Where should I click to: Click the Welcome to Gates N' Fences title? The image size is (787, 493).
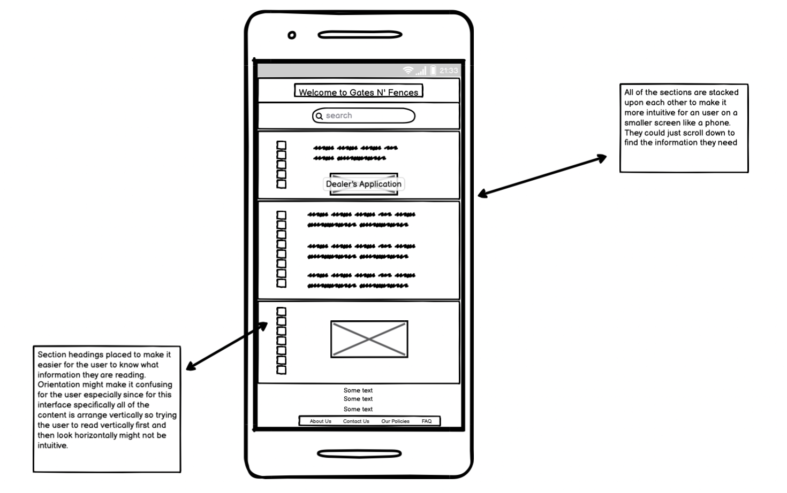(x=358, y=92)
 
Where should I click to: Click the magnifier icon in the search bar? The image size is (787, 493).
(x=320, y=116)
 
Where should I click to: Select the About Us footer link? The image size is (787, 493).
(x=320, y=421)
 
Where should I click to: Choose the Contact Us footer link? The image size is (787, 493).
(x=356, y=421)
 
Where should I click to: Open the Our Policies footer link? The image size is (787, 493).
(x=395, y=421)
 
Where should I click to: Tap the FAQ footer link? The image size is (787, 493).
(x=426, y=421)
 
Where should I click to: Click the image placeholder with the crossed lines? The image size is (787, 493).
(x=369, y=339)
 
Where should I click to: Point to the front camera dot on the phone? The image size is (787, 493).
(x=292, y=35)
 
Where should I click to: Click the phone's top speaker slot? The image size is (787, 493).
(x=360, y=35)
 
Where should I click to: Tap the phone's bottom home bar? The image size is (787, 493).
(x=359, y=453)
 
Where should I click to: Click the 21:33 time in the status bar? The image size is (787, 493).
(x=449, y=71)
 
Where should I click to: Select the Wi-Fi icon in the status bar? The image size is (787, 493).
(x=408, y=71)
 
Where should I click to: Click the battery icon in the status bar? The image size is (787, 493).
(x=433, y=71)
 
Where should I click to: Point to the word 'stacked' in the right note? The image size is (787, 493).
(x=723, y=93)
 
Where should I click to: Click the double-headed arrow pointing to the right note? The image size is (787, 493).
(x=542, y=175)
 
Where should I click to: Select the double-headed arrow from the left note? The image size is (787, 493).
(x=227, y=345)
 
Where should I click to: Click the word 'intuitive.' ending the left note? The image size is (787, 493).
(x=52, y=445)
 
